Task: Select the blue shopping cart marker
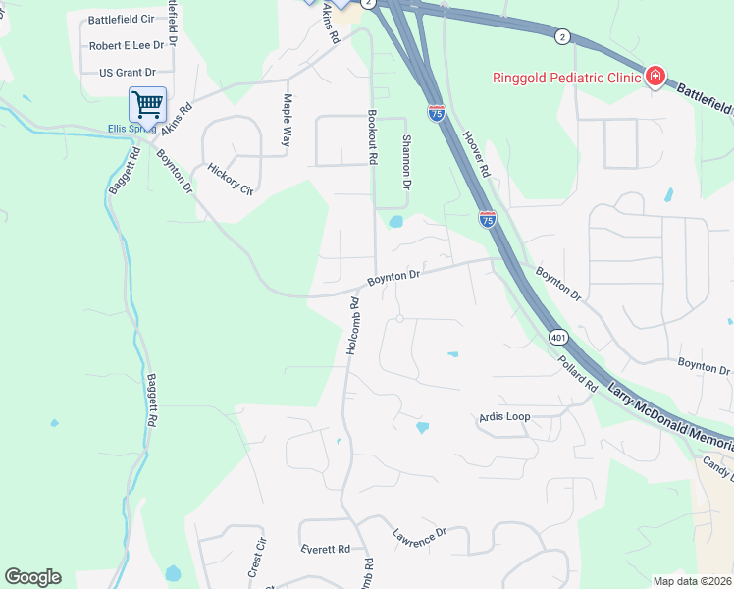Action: (146, 103)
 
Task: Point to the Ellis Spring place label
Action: (131, 129)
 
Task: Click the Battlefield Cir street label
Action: (121, 20)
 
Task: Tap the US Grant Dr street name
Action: (128, 73)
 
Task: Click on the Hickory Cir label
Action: (231, 180)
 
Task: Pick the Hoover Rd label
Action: (476, 154)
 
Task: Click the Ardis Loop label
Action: (504, 417)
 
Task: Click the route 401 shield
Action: (557, 337)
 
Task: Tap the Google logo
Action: (32, 577)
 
